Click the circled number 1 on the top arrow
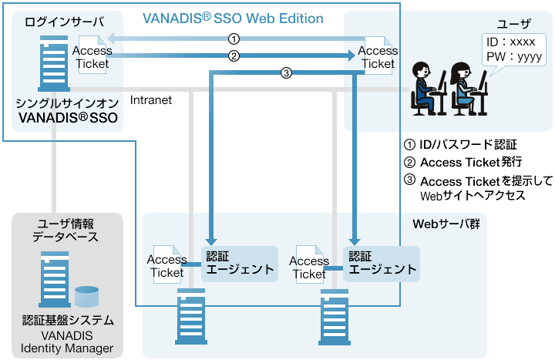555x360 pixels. [234, 38]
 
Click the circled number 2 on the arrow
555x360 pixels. [234, 55]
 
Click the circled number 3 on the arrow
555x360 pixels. [286, 73]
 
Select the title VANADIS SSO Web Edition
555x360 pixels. [233, 18]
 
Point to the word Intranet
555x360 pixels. [151, 99]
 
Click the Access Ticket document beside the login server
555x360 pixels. [92, 56]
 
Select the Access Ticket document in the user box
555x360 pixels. [377, 56]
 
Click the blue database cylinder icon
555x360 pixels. [87, 297]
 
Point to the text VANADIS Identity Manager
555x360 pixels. [67, 341]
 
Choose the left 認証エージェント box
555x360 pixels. [239, 262]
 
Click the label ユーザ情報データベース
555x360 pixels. [68, 230]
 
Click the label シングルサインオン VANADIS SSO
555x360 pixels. [67, 110]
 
